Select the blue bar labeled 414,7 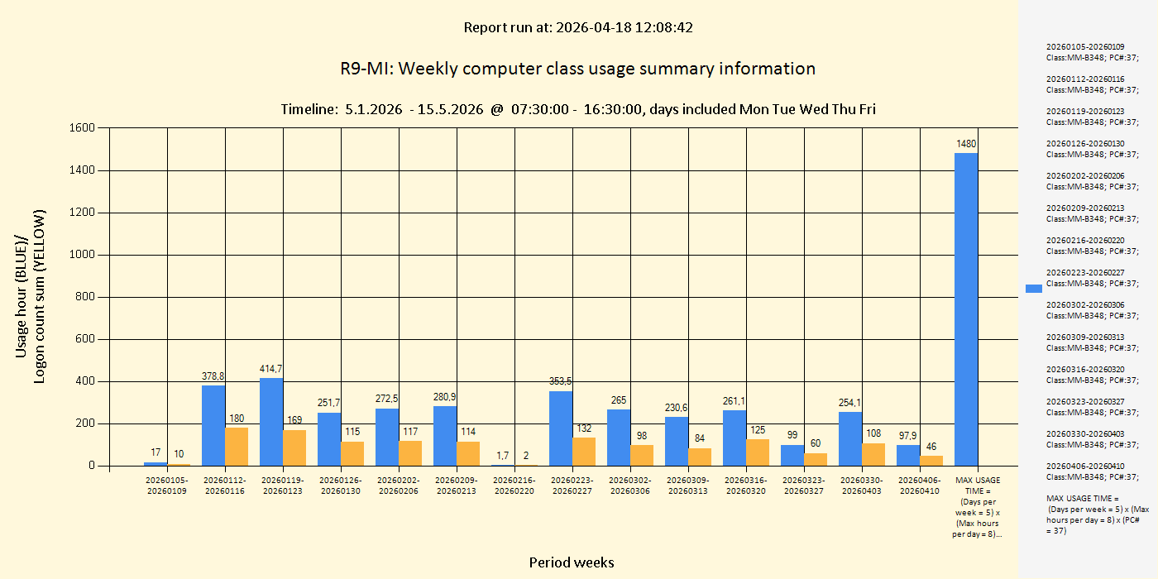271,422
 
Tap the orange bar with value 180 237,447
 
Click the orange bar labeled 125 758,452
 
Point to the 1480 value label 966,144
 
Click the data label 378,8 213,376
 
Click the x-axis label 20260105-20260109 167,486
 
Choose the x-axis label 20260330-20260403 862,486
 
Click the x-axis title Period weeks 572,562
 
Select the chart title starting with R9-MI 577,69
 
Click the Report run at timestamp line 578,27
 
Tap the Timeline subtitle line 578,109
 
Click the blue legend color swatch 1034,289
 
